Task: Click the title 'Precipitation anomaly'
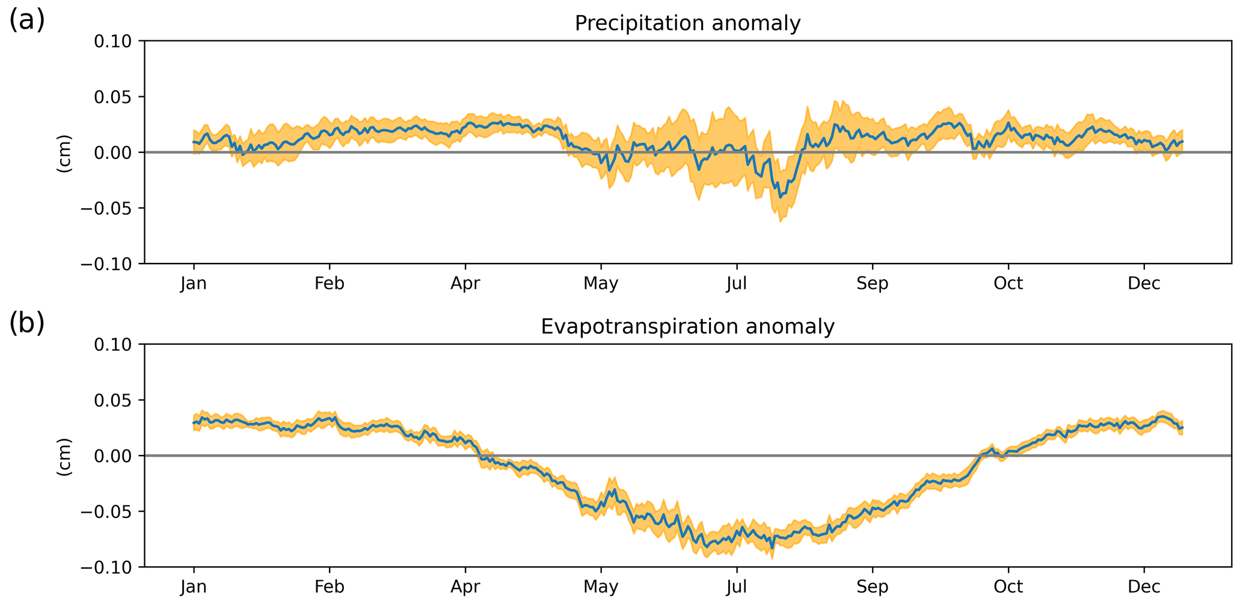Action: pos(687,23)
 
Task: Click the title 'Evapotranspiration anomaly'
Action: pos(687,327)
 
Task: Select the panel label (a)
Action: pos(27,21)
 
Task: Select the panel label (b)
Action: pos(27,324)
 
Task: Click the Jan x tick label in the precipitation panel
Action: pos(193,283)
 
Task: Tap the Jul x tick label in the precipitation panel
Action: pos(736,283)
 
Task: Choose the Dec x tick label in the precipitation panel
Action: pos(1144,283)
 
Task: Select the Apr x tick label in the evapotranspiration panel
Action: pos(465,587)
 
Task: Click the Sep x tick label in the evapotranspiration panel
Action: pos(872,587)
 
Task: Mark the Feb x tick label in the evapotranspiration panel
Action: pos(330,587)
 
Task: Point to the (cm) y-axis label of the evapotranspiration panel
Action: pos(64,456)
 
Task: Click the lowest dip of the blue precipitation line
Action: pos(780,197)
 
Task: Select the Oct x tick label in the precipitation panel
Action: pos(1008,283)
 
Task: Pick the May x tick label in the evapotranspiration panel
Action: pos(601,587)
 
